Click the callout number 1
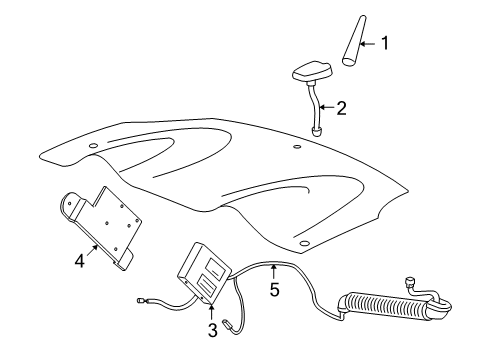coord(385,43)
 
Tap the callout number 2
coord(341,108)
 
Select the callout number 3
coord(213,330)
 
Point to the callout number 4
coord(80,261)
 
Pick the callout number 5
coord(274,289)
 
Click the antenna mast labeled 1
coord(354,40)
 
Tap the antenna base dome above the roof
coord(312,71)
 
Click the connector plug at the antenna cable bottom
coord(316,131)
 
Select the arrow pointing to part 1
coord(367,43)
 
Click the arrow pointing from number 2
coord(326,107)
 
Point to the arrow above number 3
coord(211,311)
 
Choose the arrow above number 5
coord(274,271)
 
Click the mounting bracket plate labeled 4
coord(101,227)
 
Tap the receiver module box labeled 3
coord(204,273)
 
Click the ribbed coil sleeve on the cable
coord(387,306)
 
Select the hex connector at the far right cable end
coord(409,282)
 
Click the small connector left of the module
coord(141,300)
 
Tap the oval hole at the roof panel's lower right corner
coord(304,243)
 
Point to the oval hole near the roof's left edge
coord(93,145)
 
